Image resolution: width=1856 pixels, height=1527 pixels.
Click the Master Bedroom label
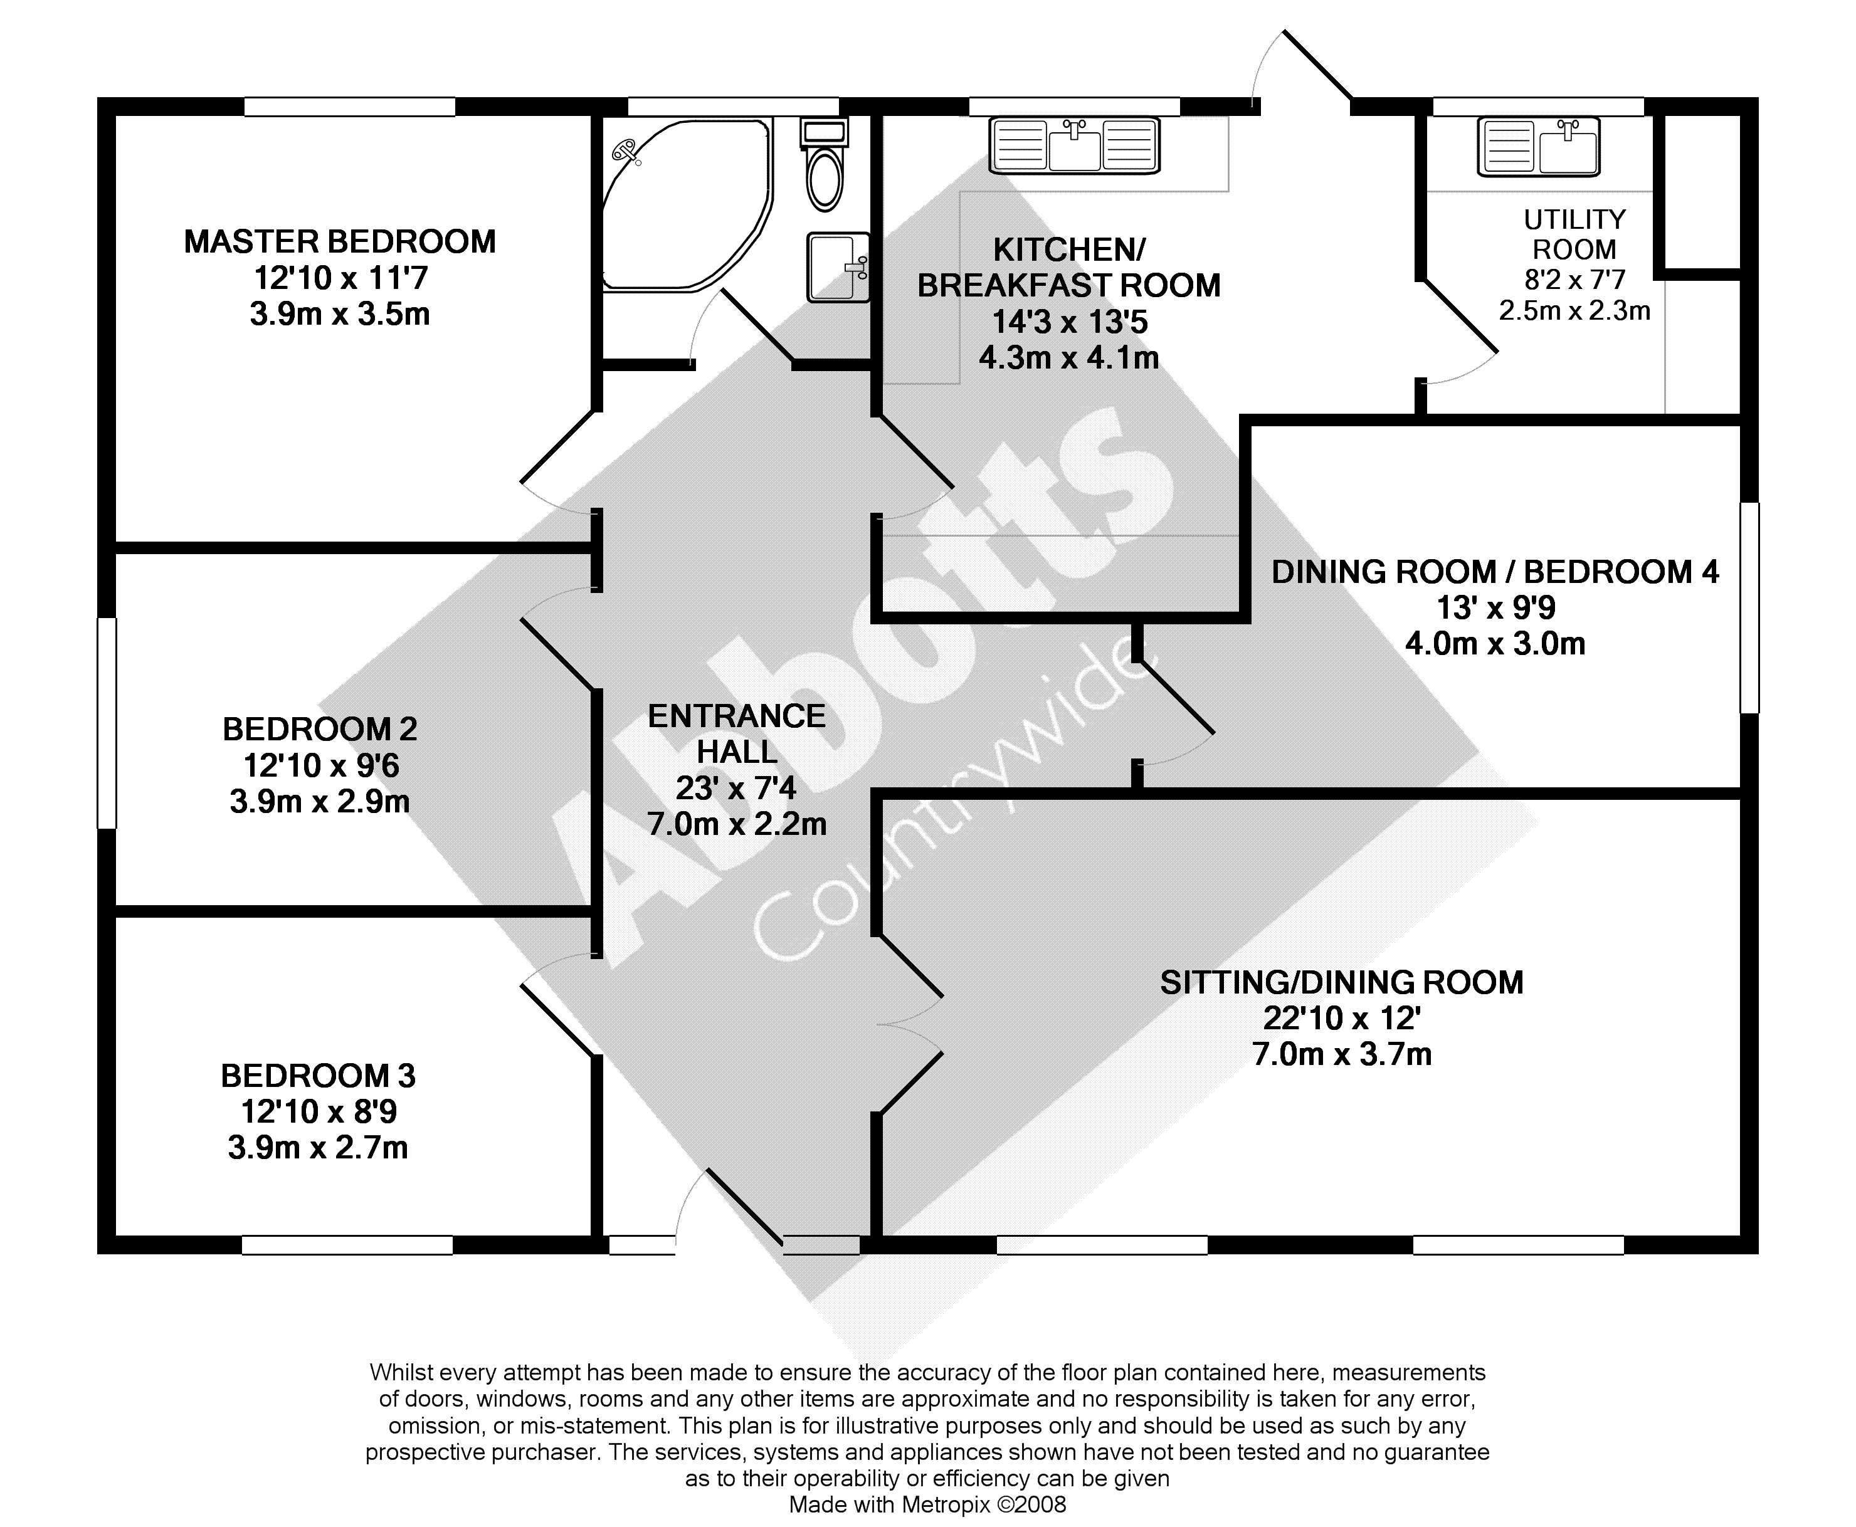339,241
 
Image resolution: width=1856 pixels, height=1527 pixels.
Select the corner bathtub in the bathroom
682,204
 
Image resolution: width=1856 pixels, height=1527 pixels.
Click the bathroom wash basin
838,266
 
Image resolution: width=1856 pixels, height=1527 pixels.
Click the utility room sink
1539,146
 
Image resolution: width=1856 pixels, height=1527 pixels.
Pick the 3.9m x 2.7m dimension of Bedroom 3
317,1148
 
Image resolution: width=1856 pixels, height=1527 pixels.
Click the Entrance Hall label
736,733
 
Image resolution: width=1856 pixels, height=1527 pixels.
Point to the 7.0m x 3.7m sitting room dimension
1341,1054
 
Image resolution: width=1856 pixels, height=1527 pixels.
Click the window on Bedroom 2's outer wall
107,723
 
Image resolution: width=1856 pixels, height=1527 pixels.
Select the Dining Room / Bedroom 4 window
1749,607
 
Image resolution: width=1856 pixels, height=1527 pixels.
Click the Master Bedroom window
349,107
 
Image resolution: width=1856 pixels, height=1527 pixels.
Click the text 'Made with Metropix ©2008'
927,1505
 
